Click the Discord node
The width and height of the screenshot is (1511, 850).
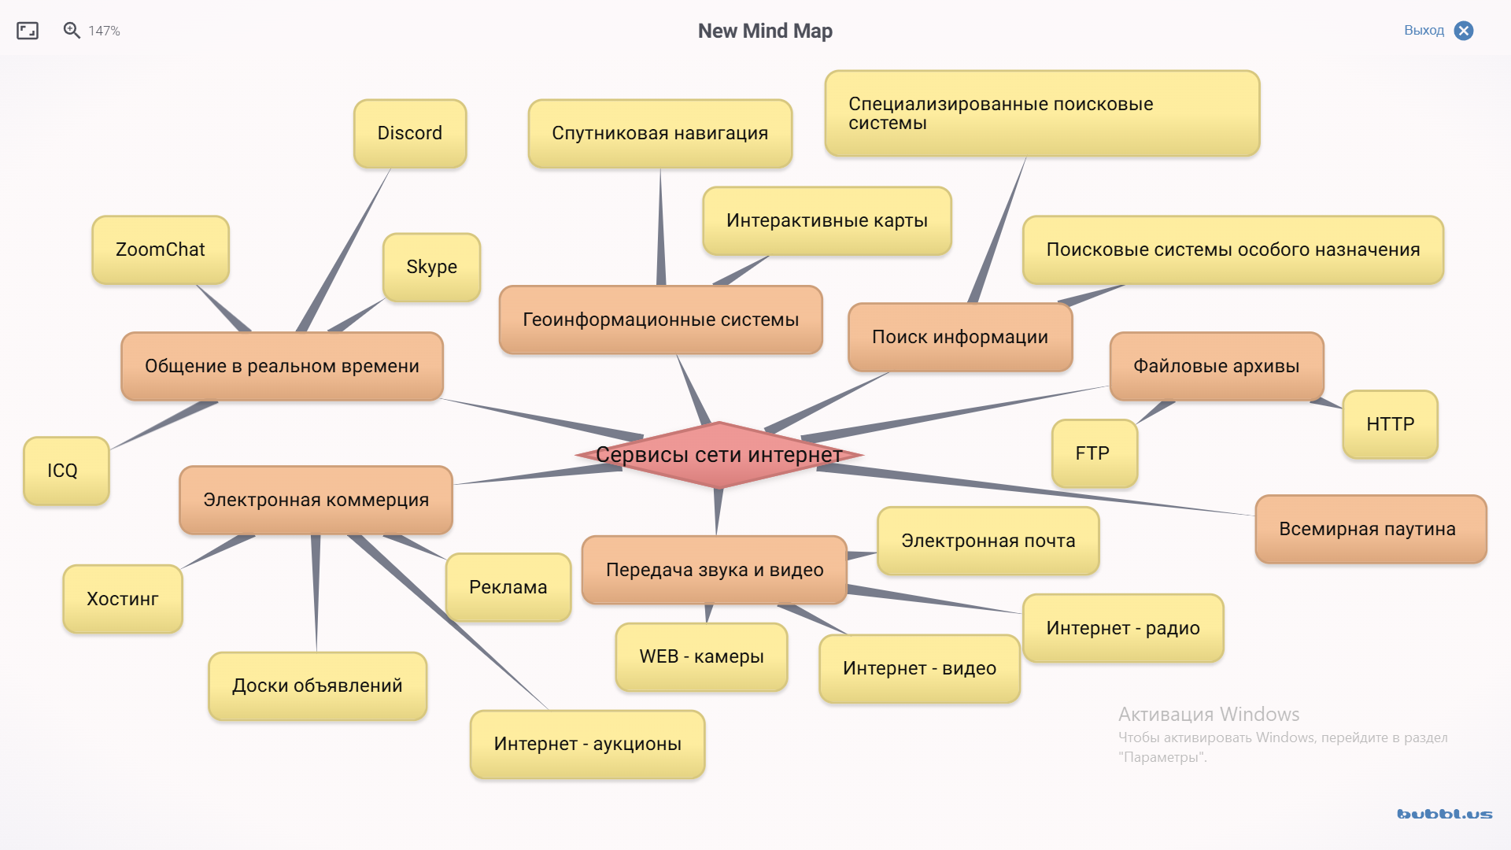410,133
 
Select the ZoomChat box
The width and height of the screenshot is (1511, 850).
161,249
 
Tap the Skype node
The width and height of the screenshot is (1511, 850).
431,267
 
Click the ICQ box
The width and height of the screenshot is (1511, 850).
63,471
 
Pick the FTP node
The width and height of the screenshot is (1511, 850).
1093,453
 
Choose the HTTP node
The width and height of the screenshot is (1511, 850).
1390,424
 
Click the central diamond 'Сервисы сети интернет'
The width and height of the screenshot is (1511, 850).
719,455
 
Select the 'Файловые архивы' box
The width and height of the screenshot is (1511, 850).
1216,366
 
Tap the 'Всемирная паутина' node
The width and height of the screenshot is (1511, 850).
1368,529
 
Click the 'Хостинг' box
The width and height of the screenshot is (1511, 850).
123,599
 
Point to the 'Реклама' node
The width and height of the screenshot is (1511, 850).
508,587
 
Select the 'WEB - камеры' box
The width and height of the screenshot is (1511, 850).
701,656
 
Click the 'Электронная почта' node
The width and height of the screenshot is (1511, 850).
988,541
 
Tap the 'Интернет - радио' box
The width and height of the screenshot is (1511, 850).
1123,628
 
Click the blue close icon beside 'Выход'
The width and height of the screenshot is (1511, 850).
1464,31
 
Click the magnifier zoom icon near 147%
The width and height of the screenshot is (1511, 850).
72,31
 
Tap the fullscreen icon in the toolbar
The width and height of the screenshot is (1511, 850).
28,31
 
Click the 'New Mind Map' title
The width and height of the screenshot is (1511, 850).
765,31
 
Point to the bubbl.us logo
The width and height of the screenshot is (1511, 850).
1444,814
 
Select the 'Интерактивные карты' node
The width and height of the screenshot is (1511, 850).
827,220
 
